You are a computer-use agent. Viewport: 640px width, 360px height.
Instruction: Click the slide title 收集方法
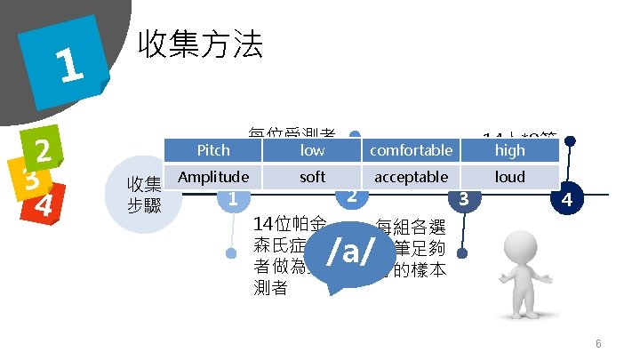tap(198, 44)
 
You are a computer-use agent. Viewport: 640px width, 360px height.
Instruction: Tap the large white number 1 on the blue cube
tap(67, 64)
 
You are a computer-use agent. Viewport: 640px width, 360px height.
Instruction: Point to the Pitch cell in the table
tap(212, 150)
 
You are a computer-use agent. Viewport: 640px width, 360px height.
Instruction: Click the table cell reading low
tap(312, 150)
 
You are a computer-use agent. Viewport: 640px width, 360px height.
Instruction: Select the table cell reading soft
tap(312, 177)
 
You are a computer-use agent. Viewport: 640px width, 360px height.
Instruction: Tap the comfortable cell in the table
tap(411, 150)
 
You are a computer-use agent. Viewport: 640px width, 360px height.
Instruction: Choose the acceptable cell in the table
tap(411, 177)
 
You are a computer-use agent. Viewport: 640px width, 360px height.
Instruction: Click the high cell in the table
tap(510, 150)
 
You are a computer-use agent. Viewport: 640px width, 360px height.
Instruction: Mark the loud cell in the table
tap(510, 177)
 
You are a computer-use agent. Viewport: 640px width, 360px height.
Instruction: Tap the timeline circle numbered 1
tap(232, 199)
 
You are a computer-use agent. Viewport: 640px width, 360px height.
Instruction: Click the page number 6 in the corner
tap(599, 344)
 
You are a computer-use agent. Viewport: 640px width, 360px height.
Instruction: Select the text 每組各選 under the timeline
tap(412, 226)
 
